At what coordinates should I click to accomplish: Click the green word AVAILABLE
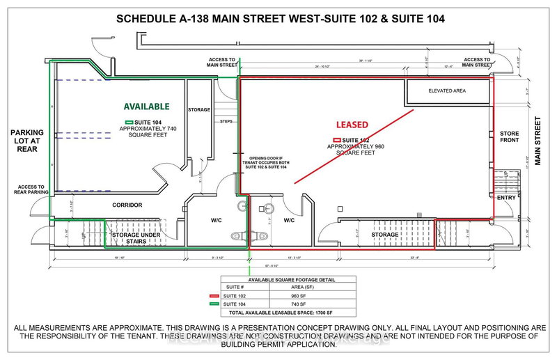146,107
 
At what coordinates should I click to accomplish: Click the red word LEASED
352,125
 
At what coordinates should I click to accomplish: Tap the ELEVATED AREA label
447,91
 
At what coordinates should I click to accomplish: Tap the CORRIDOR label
127,205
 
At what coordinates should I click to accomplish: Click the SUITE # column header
233,286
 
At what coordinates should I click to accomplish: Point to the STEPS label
226,121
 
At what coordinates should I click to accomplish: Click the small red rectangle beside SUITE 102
336,141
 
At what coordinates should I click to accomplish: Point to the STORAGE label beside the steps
199,110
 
